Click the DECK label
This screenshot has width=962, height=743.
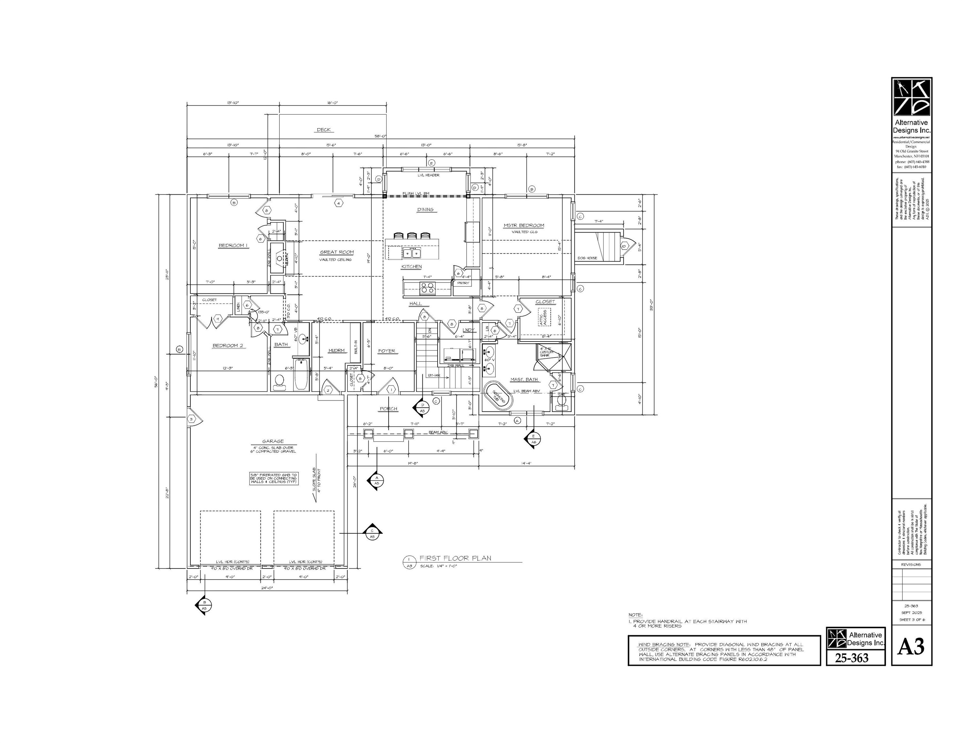(324, 130)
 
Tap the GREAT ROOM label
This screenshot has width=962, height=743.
(337, 252)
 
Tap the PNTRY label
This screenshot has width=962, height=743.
(463, 283)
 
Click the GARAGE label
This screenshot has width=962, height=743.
(273, 441)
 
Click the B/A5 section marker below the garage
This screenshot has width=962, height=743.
(204, 605)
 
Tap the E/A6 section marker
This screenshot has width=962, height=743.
(533, 438)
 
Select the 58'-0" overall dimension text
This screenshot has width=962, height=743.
(380, 136)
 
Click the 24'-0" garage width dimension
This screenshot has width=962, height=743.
(268, 588)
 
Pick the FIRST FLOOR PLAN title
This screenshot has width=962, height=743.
(455, 558)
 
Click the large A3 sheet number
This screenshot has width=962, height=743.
(911, 646)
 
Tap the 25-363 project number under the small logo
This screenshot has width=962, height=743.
(852, 658)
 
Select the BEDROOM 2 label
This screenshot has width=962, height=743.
(228, 345)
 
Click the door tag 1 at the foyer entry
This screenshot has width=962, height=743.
(391, 390)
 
